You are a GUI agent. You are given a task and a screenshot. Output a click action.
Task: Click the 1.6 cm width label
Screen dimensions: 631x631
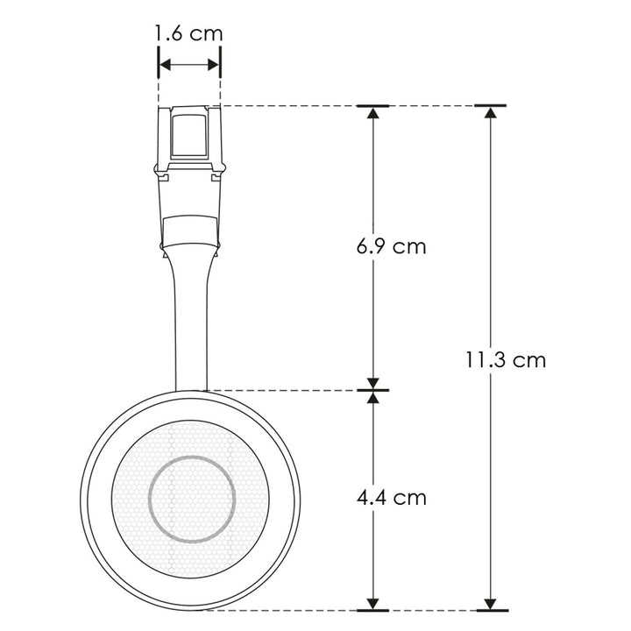coord(188,34)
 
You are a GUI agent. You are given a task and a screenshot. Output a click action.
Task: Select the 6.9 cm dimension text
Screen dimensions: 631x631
coord(391,246)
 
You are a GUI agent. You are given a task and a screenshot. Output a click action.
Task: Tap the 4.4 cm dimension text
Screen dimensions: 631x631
coord(391,497)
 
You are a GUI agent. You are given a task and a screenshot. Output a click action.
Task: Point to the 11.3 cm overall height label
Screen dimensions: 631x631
coord(506,359)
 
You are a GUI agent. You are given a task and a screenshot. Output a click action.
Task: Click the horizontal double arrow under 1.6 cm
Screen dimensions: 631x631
coord(188,65)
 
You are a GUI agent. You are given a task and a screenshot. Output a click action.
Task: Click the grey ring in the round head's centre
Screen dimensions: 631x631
coord(192,499)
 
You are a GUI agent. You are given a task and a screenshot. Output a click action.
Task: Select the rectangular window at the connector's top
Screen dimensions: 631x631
coord(188,133)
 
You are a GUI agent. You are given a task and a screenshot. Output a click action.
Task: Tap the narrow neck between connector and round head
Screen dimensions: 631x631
coord(191,324)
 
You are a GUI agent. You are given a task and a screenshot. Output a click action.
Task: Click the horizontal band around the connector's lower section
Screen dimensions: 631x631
coord(189,230)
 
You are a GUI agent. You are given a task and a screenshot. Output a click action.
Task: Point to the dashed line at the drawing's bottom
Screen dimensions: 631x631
coord(289,609)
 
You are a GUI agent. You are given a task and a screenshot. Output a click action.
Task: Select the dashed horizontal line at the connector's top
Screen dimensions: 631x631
coord(289,106)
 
